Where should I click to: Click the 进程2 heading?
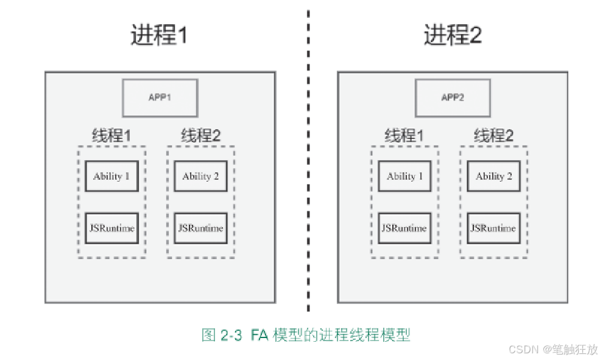[453, 35]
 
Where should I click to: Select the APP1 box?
[160, 97]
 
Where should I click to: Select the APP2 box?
[453, 97]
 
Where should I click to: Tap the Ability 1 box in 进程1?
[111, 177]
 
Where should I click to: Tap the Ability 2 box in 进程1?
[200, 177]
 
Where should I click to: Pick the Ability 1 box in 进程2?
[404, 177]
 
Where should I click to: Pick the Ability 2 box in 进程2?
[493, 177]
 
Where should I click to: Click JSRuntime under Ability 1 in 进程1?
[111, 228]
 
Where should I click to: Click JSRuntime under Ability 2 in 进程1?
[200, 228]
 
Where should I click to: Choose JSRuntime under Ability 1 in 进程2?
[404, 228]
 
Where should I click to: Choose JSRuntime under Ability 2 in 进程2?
[493, 228]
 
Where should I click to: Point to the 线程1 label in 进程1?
[111, 136]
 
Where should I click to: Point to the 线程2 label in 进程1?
[200, 136]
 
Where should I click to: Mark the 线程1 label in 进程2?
[404, 136]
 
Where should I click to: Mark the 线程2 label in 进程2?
[493, 136]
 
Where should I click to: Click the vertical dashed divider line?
[308, 183]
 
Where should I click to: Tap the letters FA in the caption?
[259, 335]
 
